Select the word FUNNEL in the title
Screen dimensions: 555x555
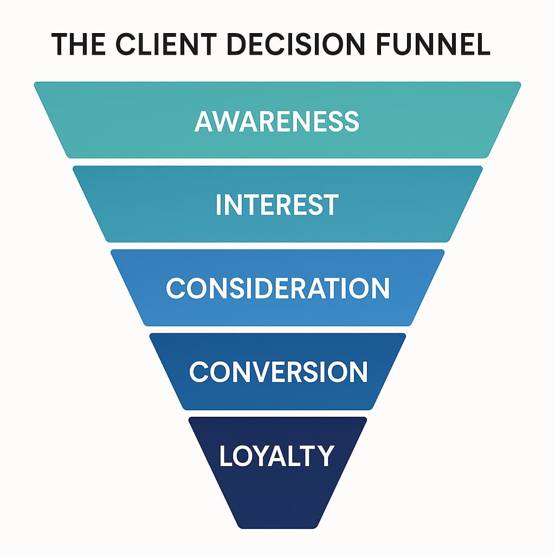click(426, 44)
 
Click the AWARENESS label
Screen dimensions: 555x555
click(277, 121)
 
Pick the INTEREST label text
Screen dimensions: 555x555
click(277, 205)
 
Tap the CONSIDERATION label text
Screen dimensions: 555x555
click(277, 288)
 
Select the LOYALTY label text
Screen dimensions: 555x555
click(276, 455)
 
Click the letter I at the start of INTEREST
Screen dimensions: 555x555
click(218, 205)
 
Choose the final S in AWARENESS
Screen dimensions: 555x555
click(351, 121)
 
